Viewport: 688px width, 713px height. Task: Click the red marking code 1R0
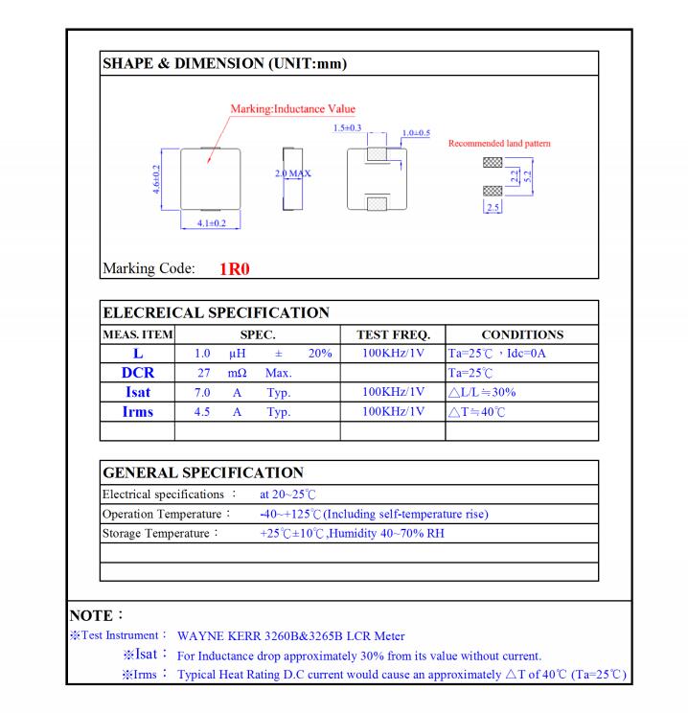(234, 269)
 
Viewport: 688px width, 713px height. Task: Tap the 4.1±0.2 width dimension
(210, 222)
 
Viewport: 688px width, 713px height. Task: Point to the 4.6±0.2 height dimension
(157, 178)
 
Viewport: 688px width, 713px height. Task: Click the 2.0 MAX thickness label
(293, 173)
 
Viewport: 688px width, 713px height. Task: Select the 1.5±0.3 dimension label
(347, 127)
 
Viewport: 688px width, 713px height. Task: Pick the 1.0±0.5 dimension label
(416, 132)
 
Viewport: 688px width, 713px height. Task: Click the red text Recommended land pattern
(499, 144)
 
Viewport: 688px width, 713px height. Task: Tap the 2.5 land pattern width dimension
(493, 208)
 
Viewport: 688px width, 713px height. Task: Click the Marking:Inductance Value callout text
(292, 109)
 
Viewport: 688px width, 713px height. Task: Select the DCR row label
(138, 373)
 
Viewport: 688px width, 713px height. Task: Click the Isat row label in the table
(138, 392)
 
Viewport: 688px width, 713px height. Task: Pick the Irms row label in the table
(138, 411)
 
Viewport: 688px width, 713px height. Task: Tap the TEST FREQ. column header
(393, 334)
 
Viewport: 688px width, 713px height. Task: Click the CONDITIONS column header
(521, 334)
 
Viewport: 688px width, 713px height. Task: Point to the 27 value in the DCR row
(203, 373)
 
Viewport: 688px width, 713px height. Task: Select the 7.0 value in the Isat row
(203, 392)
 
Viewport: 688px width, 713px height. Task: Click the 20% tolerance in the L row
(320, 354)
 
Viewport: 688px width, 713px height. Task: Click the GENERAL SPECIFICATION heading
(203, 472)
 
